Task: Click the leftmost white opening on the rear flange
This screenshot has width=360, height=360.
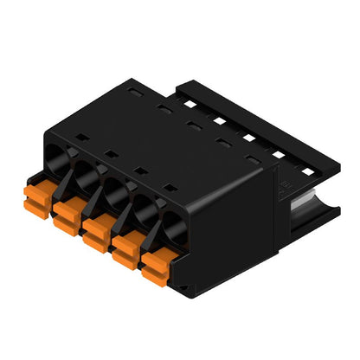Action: (x=187, y=102)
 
